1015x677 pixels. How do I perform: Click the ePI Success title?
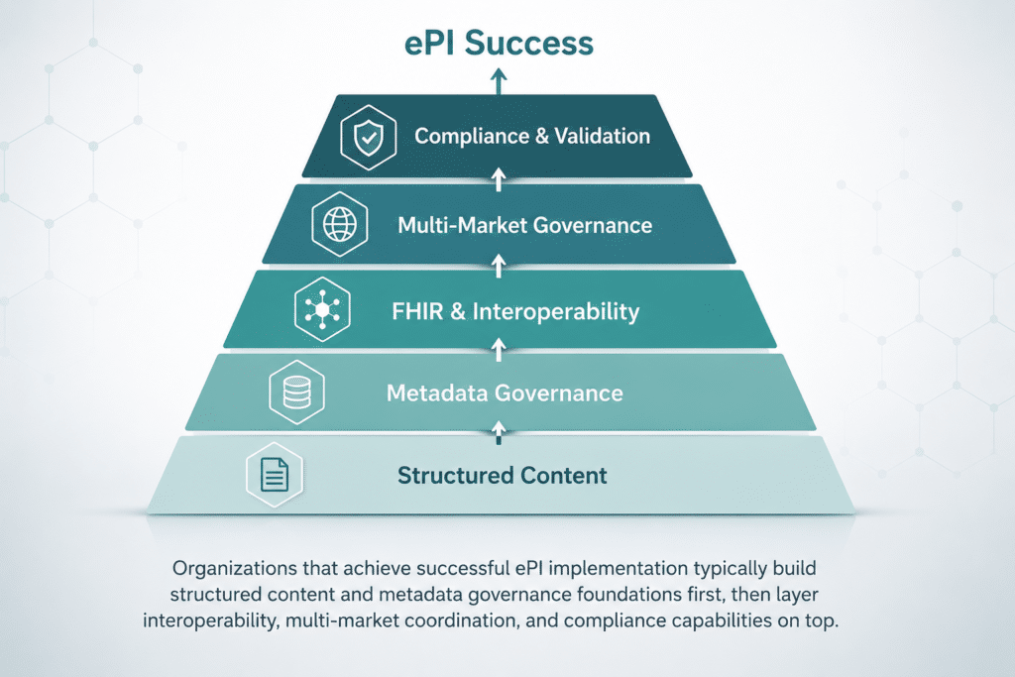(x=499, y=44)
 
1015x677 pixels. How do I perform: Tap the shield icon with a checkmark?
(x=369, y=137)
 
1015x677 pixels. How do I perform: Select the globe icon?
(x=340, y=225)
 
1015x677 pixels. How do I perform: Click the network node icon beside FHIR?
(x=322, y=309)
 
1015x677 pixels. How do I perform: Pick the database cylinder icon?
(x=297, y=393)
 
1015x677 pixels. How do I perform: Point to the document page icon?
(x=275, y=475)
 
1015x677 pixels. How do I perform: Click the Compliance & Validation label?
(x=532, y=136)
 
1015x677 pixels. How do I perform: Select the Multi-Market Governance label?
(x=525, y=225)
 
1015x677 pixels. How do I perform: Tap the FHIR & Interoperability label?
(x=515, y=311)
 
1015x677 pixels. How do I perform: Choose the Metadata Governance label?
(x=505, y=393)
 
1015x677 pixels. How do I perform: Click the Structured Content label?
(x=503, y=476)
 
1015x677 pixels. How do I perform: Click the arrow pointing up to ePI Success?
(x=499, y=82)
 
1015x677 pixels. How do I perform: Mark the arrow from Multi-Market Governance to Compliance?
(x=499, y=179)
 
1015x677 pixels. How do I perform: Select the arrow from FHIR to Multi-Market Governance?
(x=499, y=266)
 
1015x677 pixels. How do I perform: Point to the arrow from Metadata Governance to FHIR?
(x=499, y=350)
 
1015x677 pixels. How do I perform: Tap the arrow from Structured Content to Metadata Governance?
(x=499, y=432)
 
